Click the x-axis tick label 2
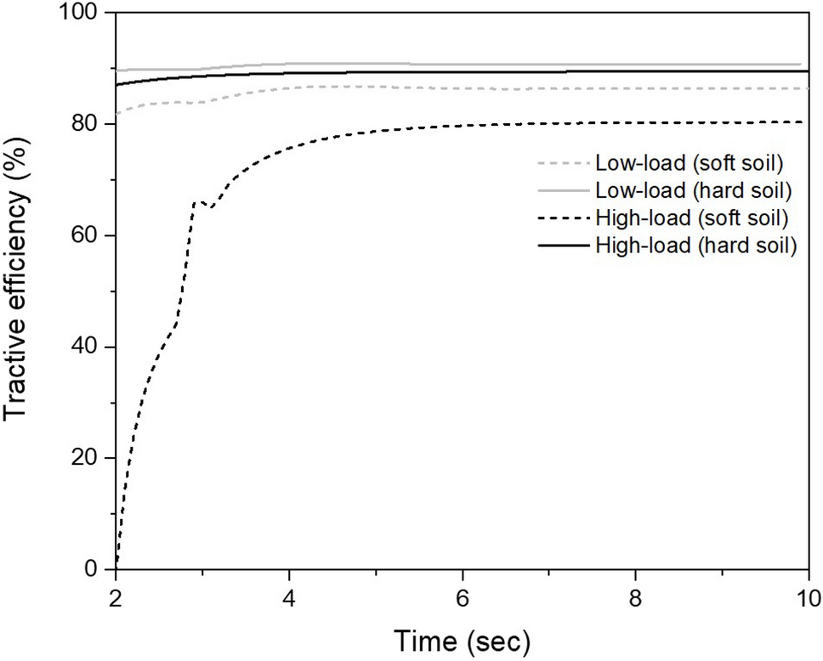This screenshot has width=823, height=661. tap(116, 596)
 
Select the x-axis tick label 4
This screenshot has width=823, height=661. tap(290, 596)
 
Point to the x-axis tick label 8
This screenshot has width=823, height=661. tap(636, 596)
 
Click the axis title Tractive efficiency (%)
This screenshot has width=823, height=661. tap(19, 291)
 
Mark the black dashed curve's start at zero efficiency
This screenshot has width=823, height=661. tap(116, 568)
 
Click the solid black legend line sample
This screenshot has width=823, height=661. tap(564, 246)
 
